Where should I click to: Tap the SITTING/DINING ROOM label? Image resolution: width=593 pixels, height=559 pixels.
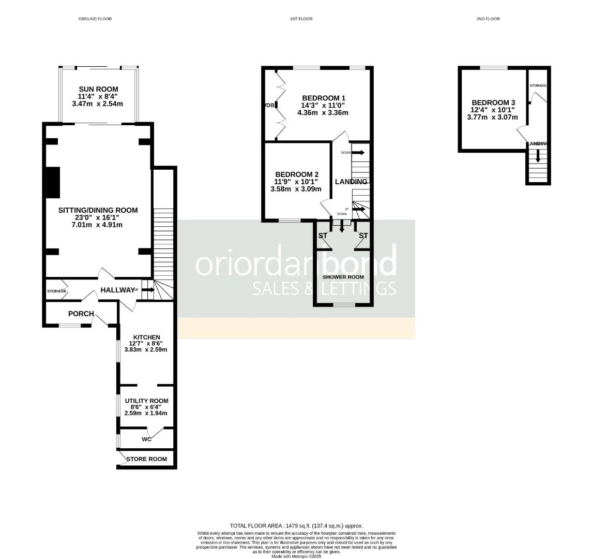coord(98,210)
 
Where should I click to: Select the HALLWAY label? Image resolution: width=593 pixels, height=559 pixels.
coord(117,290)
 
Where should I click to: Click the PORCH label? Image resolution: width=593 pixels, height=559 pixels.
coord(81,314)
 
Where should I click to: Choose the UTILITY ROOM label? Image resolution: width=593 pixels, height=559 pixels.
coord(146,401)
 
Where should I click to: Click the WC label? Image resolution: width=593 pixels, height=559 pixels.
coord(147,439)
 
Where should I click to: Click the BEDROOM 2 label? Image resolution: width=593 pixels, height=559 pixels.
coord(297,174)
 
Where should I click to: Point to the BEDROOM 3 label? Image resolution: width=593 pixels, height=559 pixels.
coord(493,103)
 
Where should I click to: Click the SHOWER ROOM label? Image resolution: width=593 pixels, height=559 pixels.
coord(343,277)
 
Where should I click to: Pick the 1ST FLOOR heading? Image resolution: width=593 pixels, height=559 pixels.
coord(301,19)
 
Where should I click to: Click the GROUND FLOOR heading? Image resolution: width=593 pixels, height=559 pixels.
coord(95,19)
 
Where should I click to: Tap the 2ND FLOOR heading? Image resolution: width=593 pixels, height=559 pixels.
coord(488,19)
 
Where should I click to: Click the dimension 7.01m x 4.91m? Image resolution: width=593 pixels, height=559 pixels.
coord(98,225)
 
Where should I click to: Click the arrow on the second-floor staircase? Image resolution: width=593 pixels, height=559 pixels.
coord(538,156)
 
